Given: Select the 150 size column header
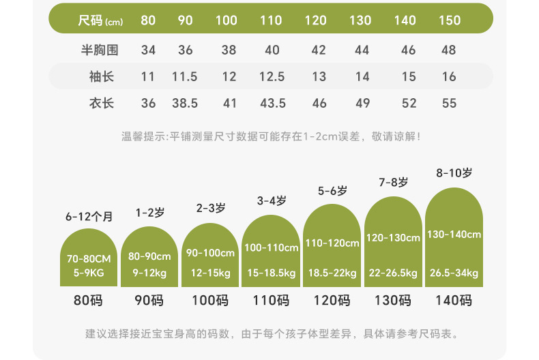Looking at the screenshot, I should pyautogui.click(x=449, y=20).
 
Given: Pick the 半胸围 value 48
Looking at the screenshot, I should pyautogui.click(x=449, y=50).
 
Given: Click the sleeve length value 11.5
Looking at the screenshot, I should pyautogui.click(x=185, y=77).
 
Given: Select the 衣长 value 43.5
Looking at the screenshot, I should pyautogui.click(x=272, y=104).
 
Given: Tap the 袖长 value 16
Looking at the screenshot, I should pyautogui.click(x=449, y=77).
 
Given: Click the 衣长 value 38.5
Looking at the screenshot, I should pyautogui.click(x=185, y=104).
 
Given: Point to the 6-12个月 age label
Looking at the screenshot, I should pyautogui.click(x=89, y=217).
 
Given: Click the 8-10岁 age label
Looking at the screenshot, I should pyautogui.click(x=454, y=173).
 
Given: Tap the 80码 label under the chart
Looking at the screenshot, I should pyautogui.click(x=89, y=300).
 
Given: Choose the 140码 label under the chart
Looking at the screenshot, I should pyautogui.click(x=454, y=300).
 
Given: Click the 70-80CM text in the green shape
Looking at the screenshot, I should pyautogui.click(x=89, y=259).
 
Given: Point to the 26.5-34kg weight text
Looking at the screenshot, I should pyautogui.click(x=454, y=273).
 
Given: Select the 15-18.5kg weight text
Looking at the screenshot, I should pyautogui.click(x=272, y=273).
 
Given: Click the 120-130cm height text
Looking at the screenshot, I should pyautogui.click(x=393, y=238).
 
